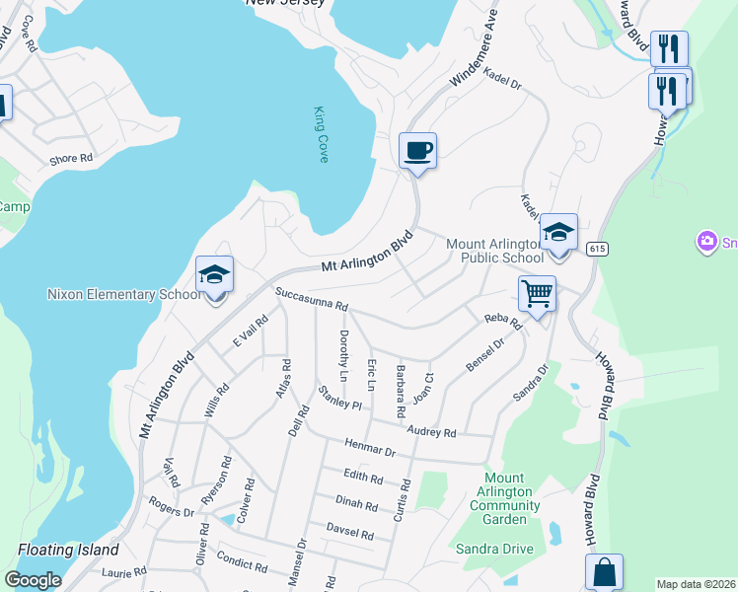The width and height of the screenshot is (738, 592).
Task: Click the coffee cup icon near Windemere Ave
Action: pyautogui.click(x=417, y=151)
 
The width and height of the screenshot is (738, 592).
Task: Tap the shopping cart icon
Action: pyautogui.click(x=537, y=292)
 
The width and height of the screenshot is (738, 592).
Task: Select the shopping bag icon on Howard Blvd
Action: pyautogui.click(x=604, y=571)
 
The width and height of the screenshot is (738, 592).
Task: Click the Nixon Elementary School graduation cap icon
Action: pyautogui.click(x=214, y=275)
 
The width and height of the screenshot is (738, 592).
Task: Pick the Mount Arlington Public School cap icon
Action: pyautogui.click(x=558, y=233)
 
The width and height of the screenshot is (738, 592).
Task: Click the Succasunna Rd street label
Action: pyautogui.click(x=313, y=298)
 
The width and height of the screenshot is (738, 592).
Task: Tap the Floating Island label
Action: pyautogui.click(x=68, y=550)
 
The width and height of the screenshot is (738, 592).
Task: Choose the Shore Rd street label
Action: pyautogui.click(x=71, y=158)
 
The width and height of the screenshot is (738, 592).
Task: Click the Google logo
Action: pyautogui.click(x=33, y=580)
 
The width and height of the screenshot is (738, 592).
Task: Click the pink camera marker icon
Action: pyautogui.click(x=706, y=240)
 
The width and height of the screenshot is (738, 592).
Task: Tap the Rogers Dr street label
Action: pyautogui.click(x=172, y=512)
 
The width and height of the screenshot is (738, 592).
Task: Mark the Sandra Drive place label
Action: pyautogui.click(x=493, y=549)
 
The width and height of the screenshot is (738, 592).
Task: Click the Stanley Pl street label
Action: pyautogui.click(x=340, y=399)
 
